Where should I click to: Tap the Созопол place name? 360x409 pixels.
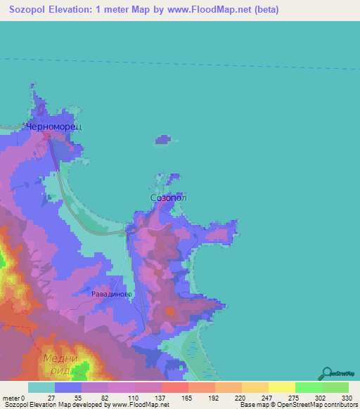pos(169,198)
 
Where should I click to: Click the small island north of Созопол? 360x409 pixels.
pos(164,140)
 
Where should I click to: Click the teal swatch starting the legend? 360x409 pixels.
pos(41,387)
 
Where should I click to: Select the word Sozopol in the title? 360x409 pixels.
pos(32,10)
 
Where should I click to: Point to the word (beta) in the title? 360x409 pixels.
pos(262,10)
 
